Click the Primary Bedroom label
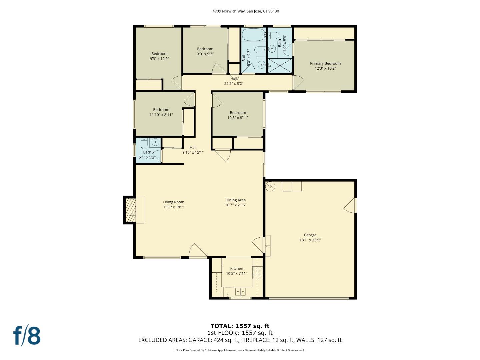tap(325, 63)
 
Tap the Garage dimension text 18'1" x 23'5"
tap(310, 240)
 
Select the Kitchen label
tap(237, 268)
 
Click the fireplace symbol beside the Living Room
tap(130, 210)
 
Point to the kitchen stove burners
tap(257, 272)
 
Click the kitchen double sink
tap(240, 292)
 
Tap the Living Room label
tap(173, 202)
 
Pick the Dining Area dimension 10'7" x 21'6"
tap(235, 205)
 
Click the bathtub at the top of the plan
tap(253, 34)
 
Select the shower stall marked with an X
tap(280, 66)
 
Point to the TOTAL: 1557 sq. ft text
tap(240, 326)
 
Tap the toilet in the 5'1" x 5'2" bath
tap(144, 144)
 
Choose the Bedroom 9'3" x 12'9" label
tap(159, 54)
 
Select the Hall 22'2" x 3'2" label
tap(234, 81)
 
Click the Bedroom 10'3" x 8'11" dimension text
tap(238, 118)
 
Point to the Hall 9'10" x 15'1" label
tap(193, 150)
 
